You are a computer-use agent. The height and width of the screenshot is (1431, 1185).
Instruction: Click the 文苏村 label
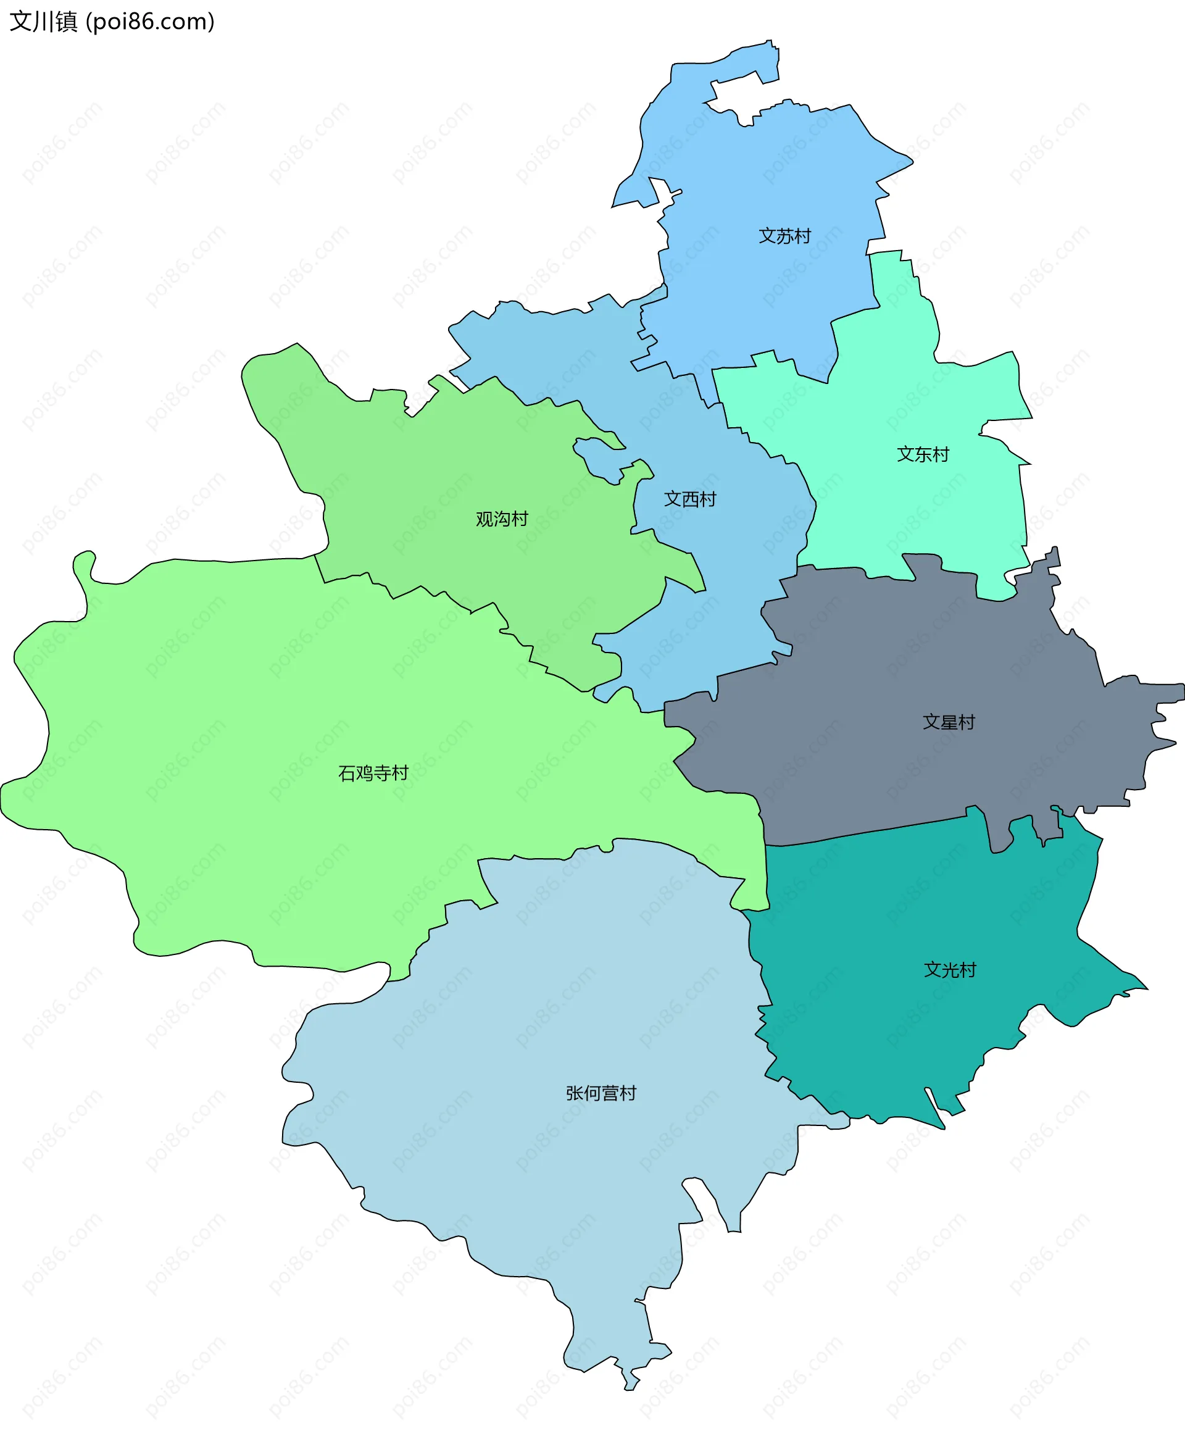(784, 236)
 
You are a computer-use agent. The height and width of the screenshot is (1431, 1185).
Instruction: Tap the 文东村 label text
(923, 454)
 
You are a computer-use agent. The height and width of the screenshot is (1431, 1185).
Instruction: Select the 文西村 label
(689, 499)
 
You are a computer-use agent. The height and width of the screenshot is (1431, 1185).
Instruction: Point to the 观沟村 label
(502, 519)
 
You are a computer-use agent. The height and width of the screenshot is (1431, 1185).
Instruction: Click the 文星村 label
(949, 722)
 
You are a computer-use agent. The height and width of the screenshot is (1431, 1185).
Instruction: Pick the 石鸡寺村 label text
(373, 773)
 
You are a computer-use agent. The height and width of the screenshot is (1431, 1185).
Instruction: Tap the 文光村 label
(950, 970)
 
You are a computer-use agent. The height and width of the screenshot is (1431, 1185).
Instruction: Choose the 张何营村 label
(601, 1093)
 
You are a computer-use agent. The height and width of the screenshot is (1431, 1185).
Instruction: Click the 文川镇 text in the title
(44, 22)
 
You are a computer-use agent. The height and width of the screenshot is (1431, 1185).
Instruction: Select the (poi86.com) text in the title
(151, 22)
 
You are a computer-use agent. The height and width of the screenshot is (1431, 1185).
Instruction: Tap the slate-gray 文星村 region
(886, 654)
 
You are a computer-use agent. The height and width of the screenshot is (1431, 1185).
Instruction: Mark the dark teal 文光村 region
(886, 1022)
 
